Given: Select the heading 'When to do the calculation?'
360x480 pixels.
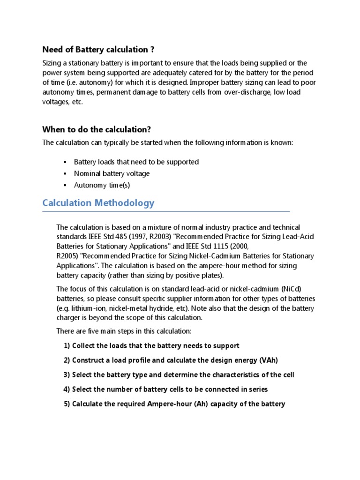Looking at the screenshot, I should (x=97, y=129).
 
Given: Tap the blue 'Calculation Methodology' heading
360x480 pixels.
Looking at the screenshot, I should (x=98, y=203).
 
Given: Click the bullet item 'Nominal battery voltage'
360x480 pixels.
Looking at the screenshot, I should (x=112, y=173).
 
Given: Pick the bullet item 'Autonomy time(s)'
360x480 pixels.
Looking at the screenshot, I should (x=102, y=185).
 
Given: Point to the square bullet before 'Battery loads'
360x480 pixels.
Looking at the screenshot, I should (x=65, y=162).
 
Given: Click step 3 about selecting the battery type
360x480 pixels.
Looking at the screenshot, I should (x=179, y=375).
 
